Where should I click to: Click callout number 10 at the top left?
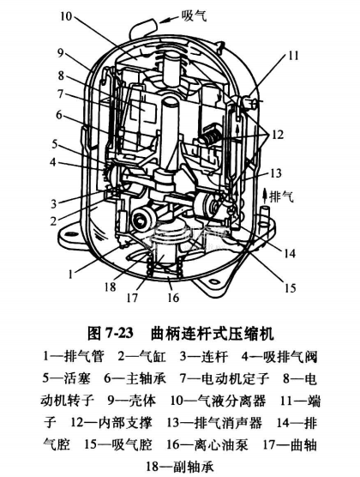tap(66, 15)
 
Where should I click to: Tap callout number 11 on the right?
tap(293, 56)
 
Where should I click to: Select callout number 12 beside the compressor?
tap(277, 134)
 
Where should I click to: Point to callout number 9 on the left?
tap(61, 52)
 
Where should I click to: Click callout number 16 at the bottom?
tap(173, 297)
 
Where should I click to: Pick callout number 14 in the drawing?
tap(289, 253)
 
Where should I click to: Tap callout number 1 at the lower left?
tap(71, 275)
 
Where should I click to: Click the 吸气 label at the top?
tap(194, 15)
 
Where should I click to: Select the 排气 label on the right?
tap(282, 196)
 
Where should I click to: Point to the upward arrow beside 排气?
tap(264, 196)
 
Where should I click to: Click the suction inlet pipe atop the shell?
tap(143, 28)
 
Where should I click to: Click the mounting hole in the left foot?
tap(72, 234)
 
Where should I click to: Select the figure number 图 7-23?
tap(111, 334)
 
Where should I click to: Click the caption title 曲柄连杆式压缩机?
tap(213, 334)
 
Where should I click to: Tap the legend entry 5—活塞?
tap(66, 378)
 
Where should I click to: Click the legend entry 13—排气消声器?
tap(214, 423)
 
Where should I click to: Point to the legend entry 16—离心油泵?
tap(207, 444)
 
